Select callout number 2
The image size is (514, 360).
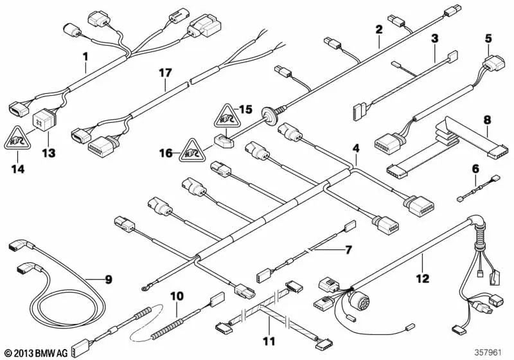(379, 29)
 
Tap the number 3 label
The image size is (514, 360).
(434, 39)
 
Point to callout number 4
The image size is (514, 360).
(355, 149)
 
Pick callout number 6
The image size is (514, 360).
(475, 168)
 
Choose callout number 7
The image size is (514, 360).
(349, 248)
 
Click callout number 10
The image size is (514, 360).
(177, 296)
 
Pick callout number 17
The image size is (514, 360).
(166, 74)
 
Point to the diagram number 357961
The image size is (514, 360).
(489, 352)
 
